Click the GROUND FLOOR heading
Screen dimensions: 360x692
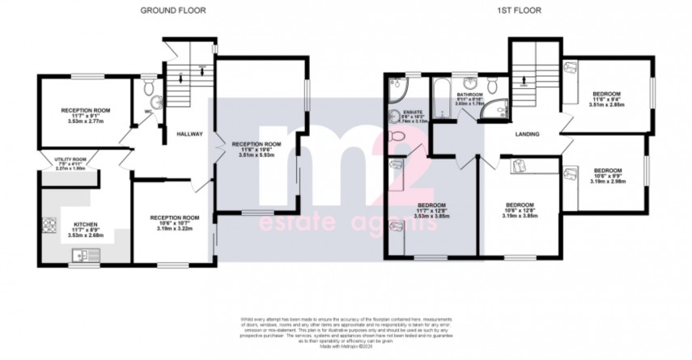tap(172, 11)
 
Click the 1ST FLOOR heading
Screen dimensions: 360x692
tap(519, 11)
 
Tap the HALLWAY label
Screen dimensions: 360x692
tap(192, 133)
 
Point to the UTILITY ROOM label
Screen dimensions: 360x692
tap(69, 160)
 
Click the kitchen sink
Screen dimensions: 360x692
tap(83, 256)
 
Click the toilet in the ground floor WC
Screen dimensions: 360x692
tap(157, 102)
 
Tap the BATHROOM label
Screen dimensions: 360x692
tap(469, 95)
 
